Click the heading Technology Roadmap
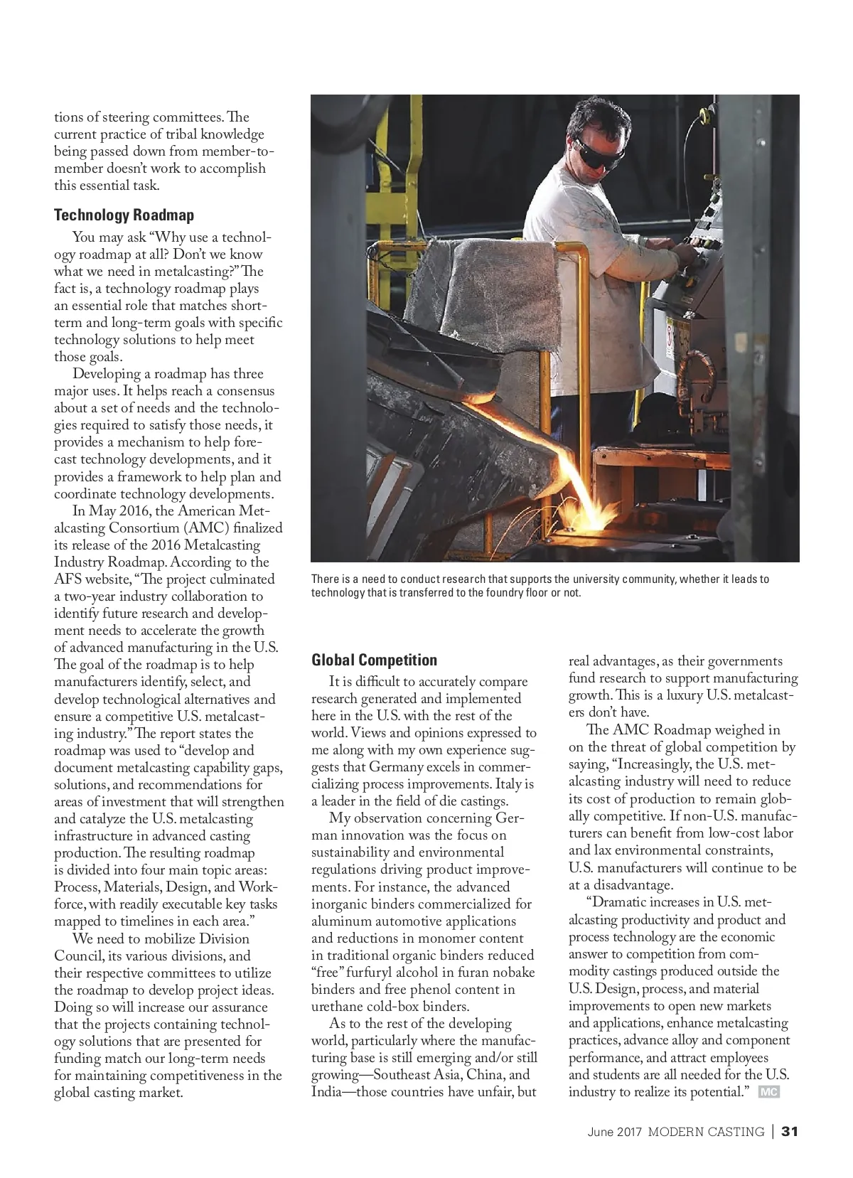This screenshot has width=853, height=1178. pos(124,215)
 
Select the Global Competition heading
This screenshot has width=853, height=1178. pos(374,660)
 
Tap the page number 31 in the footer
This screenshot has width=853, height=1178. pos(790,1131)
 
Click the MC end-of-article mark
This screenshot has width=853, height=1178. pos(768,1092)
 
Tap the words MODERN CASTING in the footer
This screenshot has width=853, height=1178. pos(706,1132)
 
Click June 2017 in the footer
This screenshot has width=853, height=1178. pos(613,1132)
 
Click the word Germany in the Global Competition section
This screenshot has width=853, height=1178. pos(399,767)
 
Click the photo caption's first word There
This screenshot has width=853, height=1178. pos(325,579)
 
